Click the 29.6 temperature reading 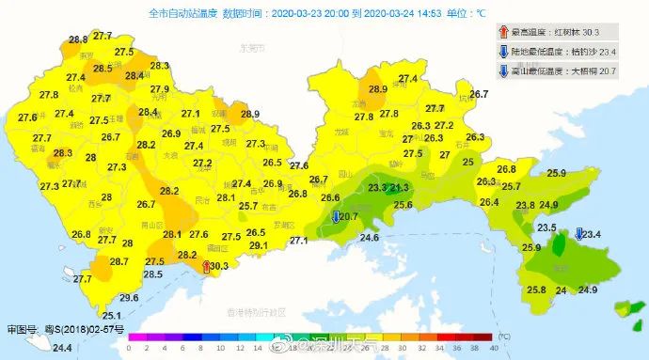tap(130, 298)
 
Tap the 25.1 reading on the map tap(112, 316)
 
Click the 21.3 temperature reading tap(399, 188)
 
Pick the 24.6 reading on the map tap(369, 238)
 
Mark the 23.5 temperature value tap(546, 228)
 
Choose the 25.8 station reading tap(537, 290)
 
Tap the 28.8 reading tap(78, 39)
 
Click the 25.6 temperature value tap(404, 204)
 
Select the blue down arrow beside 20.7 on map tap(336, 217)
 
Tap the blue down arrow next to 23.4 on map tap(578, 234)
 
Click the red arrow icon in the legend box tap(503, 31)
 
